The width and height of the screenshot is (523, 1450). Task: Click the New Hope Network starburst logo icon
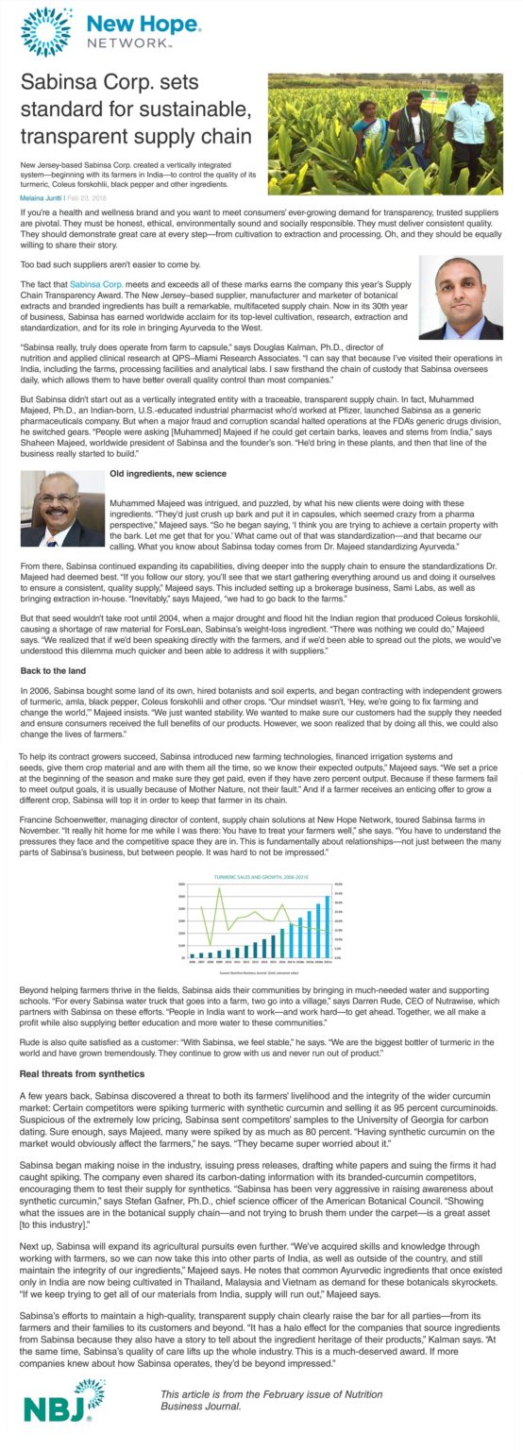[x=45, y=31]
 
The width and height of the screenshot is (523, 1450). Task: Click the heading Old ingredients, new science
[x=167, y=472]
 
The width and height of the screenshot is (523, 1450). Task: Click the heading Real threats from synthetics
[x=82, y=1074]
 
